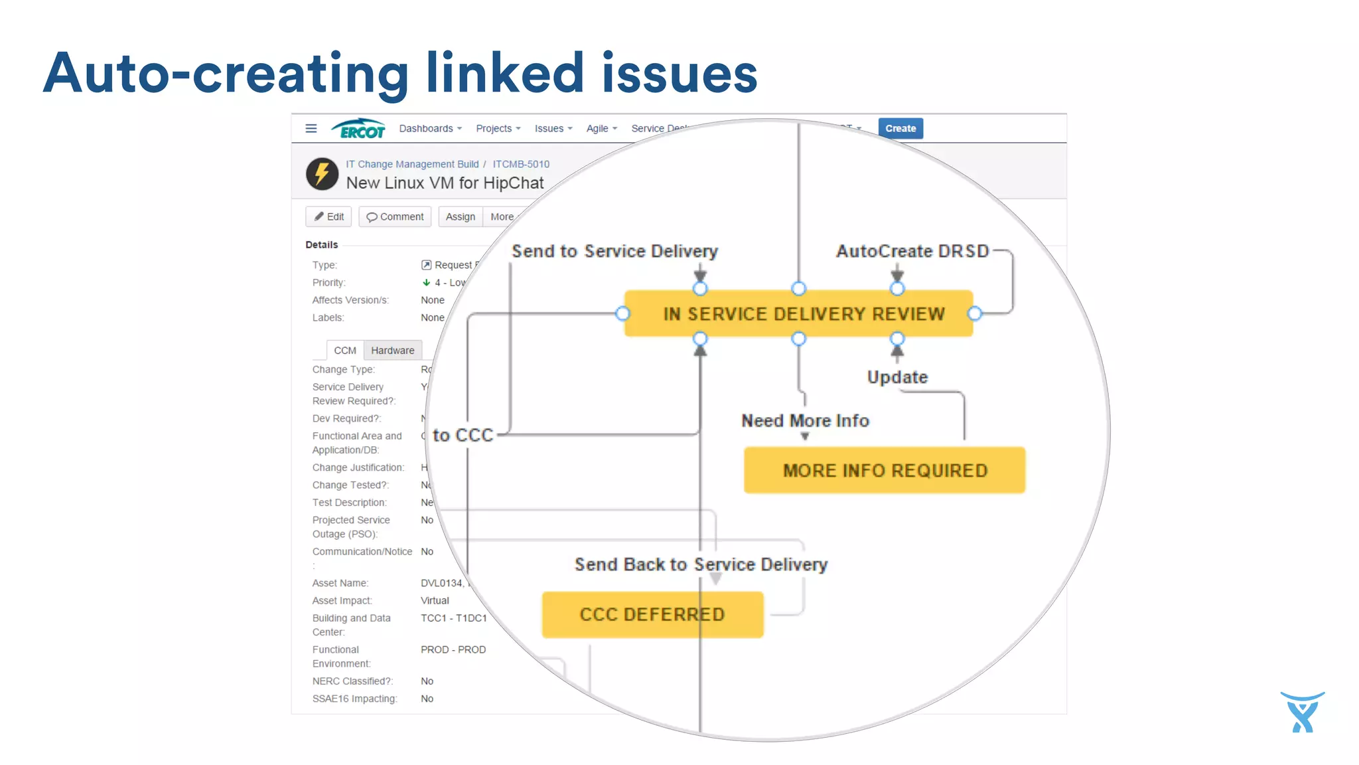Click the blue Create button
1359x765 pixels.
point(900,128)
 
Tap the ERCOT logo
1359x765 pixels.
point(359,129)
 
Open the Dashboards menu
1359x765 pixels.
point(430,129)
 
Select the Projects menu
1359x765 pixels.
point(498,129)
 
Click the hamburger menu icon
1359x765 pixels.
point(311,128)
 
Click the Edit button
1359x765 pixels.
point(328,216)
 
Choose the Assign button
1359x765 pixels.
point(460,216)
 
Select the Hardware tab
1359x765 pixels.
point(392,350)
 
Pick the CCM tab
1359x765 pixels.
point(344,350)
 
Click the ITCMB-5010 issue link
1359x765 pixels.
point(521,164)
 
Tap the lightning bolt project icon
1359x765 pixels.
point(322,174)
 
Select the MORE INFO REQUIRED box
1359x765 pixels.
point(884,470)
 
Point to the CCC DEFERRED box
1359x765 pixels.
point(652,614)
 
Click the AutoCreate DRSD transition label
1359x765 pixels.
point(912,251)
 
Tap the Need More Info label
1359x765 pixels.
point(805,420)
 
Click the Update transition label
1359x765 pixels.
point(897,377)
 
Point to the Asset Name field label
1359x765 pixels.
point(340,583)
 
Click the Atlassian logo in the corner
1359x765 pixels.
point(1302,712)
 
